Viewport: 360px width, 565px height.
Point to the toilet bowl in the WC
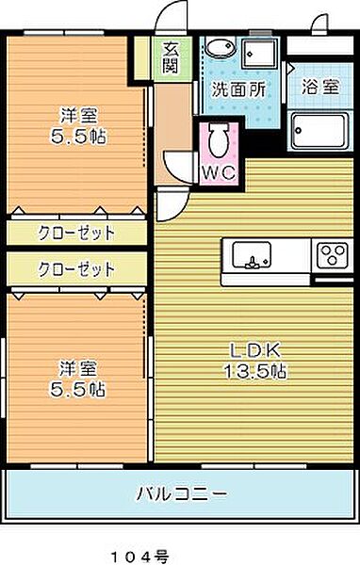pos(218,141)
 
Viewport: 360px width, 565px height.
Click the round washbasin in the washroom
pos(220,51)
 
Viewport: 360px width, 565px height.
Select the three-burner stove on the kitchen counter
pos(332,255)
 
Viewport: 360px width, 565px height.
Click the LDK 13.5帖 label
pos(256,361)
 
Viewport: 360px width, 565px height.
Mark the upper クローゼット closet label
pos(76,232)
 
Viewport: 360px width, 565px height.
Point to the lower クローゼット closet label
pos(76,268)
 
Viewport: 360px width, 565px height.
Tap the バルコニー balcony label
pos(181,492)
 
